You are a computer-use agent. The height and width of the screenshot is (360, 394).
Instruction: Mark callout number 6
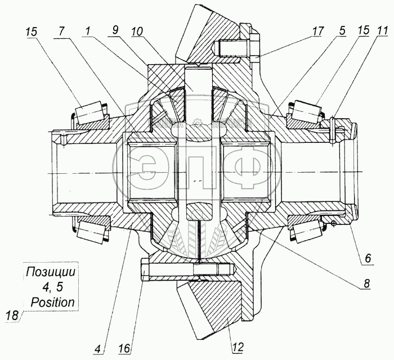click(367, 259)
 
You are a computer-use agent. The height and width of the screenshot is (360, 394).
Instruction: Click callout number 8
click(367, 285)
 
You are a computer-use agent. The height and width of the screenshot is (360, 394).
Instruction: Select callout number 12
click(238, 348)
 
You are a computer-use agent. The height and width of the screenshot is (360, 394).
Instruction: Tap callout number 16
click(125, 348)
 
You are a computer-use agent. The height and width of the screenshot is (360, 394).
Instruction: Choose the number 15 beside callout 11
click(362, 31)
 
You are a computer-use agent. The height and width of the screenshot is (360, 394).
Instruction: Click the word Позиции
click(50, 274)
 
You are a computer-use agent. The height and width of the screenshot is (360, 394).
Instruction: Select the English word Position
click(50, 302)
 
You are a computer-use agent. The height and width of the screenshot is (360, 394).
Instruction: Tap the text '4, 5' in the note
click(50, 288)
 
